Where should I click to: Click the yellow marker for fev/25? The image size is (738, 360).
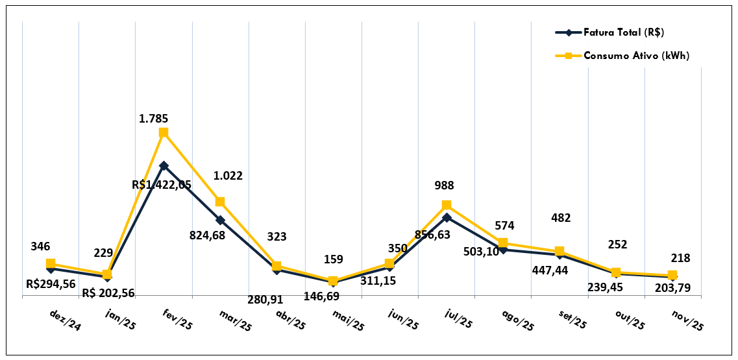pyautogui.click(x=164, y=132)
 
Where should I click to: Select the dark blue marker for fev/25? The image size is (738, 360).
pyautogui.click(x=164, y=165)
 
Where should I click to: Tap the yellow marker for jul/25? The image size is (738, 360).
pyautogui.click(x=447, y=205)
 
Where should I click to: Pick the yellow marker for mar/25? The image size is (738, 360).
pyautogui.click(x=220, y=202)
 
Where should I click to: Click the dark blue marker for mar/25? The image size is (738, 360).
pyautogui.click(x=220, y=220)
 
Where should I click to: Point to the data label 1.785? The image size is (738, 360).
pyautogui.click(x=153, y=119)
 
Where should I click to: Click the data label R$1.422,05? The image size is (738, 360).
pyautogui.click(x=162, y=185)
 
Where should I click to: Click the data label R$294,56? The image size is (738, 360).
pyautogui.click(x=51, y=283)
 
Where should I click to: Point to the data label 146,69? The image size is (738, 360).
pyautogui.click(x=321, y=296)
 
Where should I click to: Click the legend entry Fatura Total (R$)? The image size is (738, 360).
pyautogui.click(x=624, y=32)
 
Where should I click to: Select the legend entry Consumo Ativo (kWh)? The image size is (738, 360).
pyautogui.click(x=636, y=56)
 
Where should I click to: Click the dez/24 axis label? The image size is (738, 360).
pyautogui.click(x=66, y=320)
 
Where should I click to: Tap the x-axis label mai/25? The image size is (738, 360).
pyautogui.click(x=349, y=320)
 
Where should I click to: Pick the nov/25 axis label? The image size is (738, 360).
pyautogui.click(x=687, y=320)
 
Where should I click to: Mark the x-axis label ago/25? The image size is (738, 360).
pyautogui.click(x=518, y=320)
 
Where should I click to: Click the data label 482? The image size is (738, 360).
pyautogui.click(x=560, y=218)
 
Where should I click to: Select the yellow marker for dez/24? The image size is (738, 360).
pyautogui.click(x=51, y=263)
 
